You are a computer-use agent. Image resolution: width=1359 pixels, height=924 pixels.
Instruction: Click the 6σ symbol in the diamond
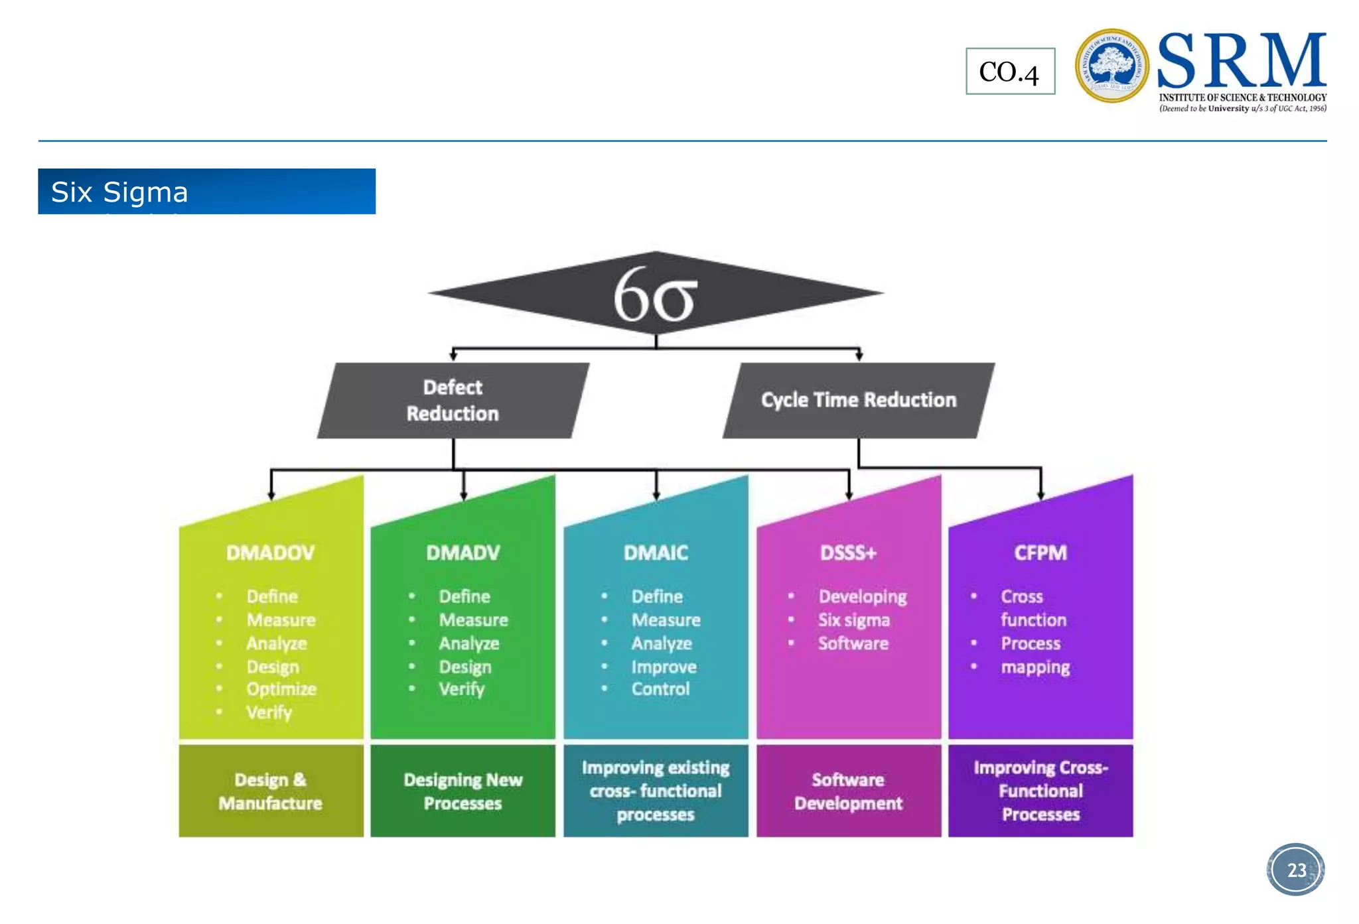655,295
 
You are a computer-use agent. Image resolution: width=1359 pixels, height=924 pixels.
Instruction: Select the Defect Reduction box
453,400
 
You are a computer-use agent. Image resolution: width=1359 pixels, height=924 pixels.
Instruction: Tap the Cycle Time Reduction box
858,400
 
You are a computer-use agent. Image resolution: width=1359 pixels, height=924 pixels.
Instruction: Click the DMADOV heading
270,553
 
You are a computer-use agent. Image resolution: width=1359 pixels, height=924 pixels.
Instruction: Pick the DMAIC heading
656,553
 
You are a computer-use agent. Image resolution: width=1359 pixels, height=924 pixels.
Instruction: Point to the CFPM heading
1040,553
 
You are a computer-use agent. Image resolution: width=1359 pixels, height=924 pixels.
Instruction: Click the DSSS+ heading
848,553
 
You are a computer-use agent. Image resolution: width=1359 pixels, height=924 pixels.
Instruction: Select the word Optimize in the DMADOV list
281,689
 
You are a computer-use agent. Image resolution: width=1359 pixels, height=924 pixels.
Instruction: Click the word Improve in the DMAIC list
664,667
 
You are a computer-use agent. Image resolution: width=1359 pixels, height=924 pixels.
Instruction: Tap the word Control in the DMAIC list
660,689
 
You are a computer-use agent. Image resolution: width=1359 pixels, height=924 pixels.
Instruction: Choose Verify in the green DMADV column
461,689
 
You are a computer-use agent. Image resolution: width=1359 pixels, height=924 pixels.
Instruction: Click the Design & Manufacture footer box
271,791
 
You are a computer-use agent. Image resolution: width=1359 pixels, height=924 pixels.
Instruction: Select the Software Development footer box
848,791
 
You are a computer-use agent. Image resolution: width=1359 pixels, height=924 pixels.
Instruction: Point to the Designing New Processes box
463,791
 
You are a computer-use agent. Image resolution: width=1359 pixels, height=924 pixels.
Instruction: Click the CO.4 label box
1009,72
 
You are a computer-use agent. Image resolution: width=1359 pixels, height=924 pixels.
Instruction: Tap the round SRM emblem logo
1111,66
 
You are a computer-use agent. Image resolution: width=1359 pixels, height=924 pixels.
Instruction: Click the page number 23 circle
1296,870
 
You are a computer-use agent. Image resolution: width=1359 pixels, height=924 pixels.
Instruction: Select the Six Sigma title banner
206,192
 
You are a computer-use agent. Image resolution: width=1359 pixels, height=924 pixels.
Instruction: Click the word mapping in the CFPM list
1035,667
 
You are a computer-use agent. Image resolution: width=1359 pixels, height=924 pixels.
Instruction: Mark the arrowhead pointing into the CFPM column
1040,495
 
